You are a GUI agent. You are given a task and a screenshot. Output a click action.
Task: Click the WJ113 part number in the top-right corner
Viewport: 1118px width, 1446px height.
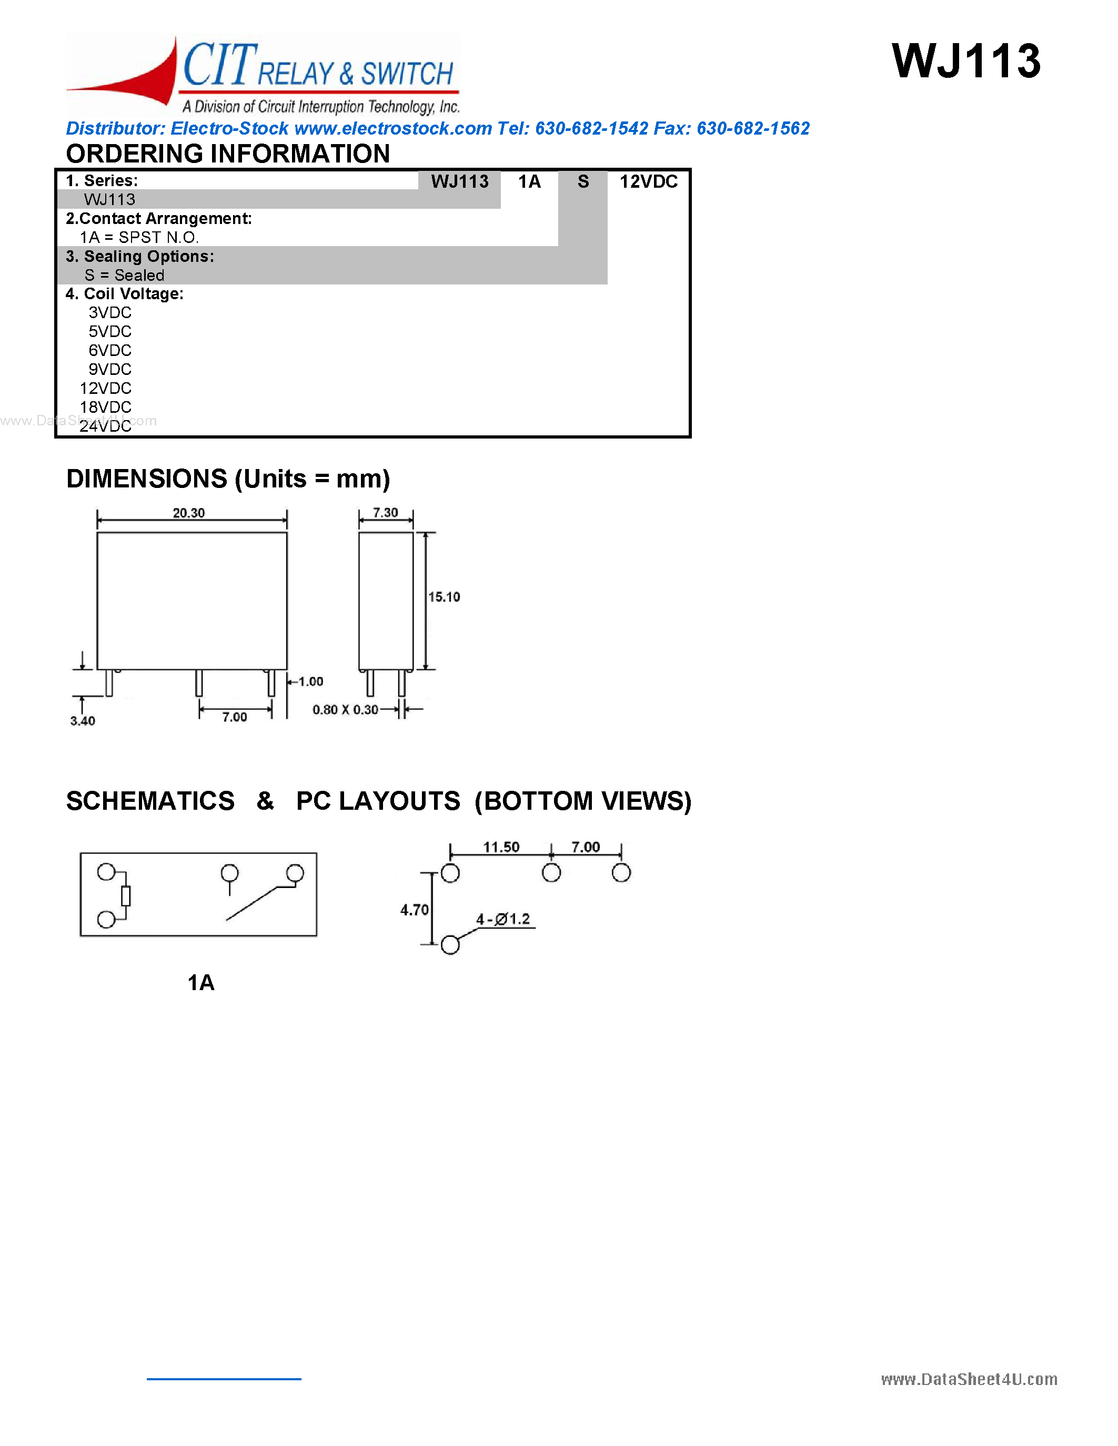pyautogui.click(x=965, y=62)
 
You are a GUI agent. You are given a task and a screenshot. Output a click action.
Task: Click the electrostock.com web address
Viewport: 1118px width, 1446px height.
pyautogui.click(x=393, y=128)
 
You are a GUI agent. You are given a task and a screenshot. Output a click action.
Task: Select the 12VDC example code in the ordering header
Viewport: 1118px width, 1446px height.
pyautogui.click(x=648, y=182)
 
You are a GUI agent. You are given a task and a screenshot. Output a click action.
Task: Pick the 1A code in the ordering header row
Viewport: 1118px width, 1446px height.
pyautogui.click(x=529, y=182)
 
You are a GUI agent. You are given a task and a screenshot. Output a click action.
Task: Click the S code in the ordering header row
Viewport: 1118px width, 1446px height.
pyautogui.click(x=583, y=182)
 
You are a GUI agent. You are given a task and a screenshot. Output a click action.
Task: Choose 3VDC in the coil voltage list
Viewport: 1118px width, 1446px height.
pyautogui.click(x=110, y=312)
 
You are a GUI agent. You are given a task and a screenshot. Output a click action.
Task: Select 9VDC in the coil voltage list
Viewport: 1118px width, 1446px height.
pyautogui.click(x=110, y=370)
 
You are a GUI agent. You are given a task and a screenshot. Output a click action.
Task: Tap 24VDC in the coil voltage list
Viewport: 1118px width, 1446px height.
pyautogui.click(x=105, y=426)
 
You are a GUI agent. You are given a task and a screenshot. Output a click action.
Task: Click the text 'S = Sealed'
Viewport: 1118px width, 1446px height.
pyautogui.click(x=125, y=276)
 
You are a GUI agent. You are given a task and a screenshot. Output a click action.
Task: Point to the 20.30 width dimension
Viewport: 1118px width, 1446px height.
pyautogui.click(x=189, y=513)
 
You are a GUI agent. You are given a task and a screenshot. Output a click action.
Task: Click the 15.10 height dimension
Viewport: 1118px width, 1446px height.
pyautogui.click(x=444, y=597)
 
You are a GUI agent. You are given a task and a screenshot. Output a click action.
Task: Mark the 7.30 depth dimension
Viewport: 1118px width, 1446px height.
pyautogui.click(x=386, y=513)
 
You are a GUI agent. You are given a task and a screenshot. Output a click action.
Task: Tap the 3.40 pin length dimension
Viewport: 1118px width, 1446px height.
pyautogui.click(x=83, y=721)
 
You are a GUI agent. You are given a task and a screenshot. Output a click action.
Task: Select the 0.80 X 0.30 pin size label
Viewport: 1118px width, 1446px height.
pyautogui.click(x=345, y=710)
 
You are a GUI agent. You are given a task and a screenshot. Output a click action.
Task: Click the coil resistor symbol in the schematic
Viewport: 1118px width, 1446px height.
pyautogui.click(x=126, y=896)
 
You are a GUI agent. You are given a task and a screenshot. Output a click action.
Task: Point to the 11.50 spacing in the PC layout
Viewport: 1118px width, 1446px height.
pyautogui.click(x=501, y=848)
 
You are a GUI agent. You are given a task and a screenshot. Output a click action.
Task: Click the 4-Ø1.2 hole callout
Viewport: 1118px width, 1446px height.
pyautogui.click(x=503, y=920)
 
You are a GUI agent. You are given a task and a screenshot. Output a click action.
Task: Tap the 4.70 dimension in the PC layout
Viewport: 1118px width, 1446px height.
pyautogui.click(x=414, y=910)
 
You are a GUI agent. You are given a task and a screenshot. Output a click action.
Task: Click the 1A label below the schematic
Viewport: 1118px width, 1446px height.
pyautogui.click(x=200, y=983)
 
